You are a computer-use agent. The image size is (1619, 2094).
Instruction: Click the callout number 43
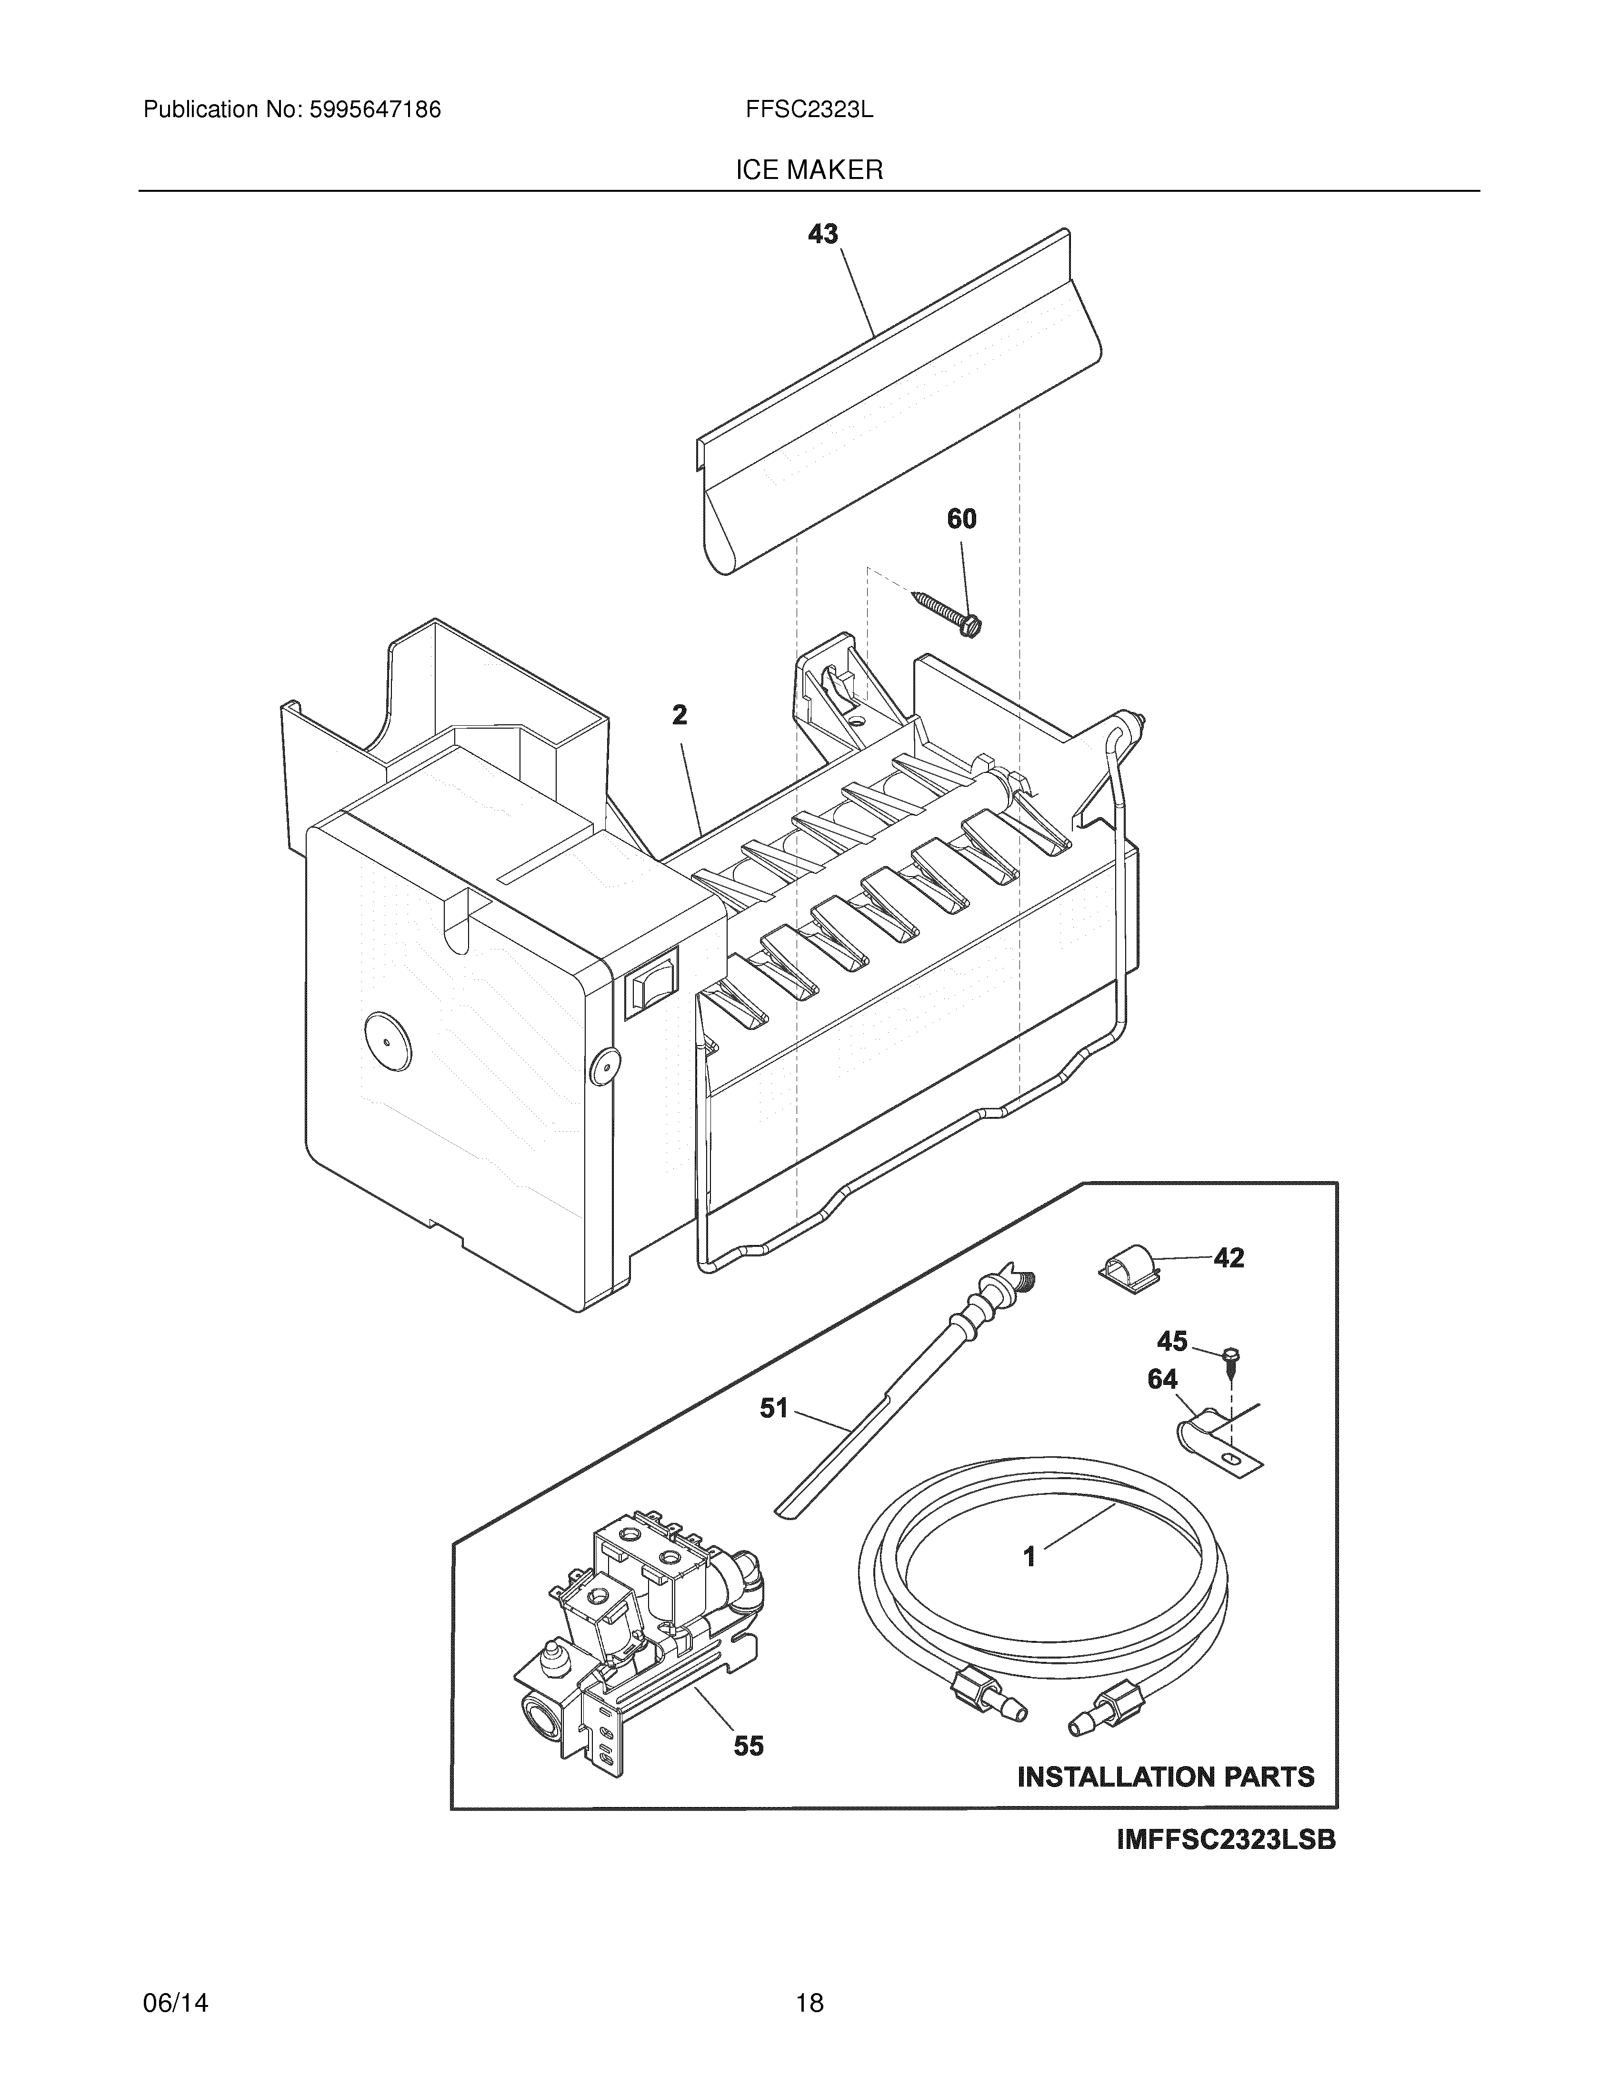(823, 234)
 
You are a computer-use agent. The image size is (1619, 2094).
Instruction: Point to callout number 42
(1229, 1258)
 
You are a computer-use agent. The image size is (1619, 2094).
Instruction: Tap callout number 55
(749, 1746)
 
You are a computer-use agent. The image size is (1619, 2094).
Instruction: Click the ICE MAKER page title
(809, 171)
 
